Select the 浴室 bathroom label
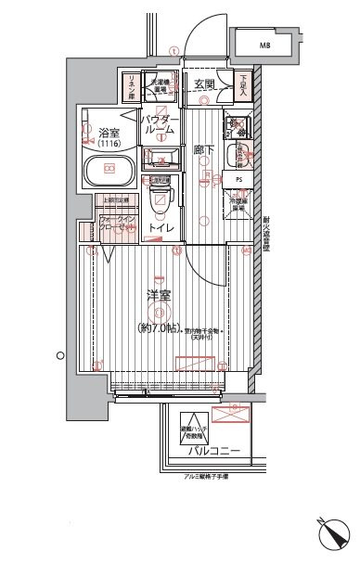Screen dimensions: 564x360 pyautogui.click(x=96, y=133)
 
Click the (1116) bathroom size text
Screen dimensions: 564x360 pyautogui.click(x=96, y=144)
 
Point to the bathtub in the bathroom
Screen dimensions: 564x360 pyautogui.click(x=109, y=170)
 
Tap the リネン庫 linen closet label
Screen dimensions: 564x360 pyautogui.click(x=130, y=86)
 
